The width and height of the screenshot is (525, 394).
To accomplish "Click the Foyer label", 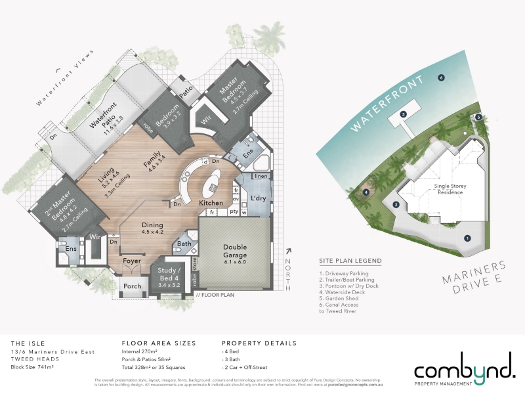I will [x=133, y=261].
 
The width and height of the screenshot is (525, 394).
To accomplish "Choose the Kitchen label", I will [x=211, y=204].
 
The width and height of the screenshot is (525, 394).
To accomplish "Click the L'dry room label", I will [x=257, y=199].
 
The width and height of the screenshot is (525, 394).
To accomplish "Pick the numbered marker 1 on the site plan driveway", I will [x=467, y=238].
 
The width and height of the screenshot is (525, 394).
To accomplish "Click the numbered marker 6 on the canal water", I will [x=442, y=77].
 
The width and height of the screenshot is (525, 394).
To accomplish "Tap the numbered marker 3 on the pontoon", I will [x=404, y=114].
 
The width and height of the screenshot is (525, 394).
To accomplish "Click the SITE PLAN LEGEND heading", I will [x=350, y=261].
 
